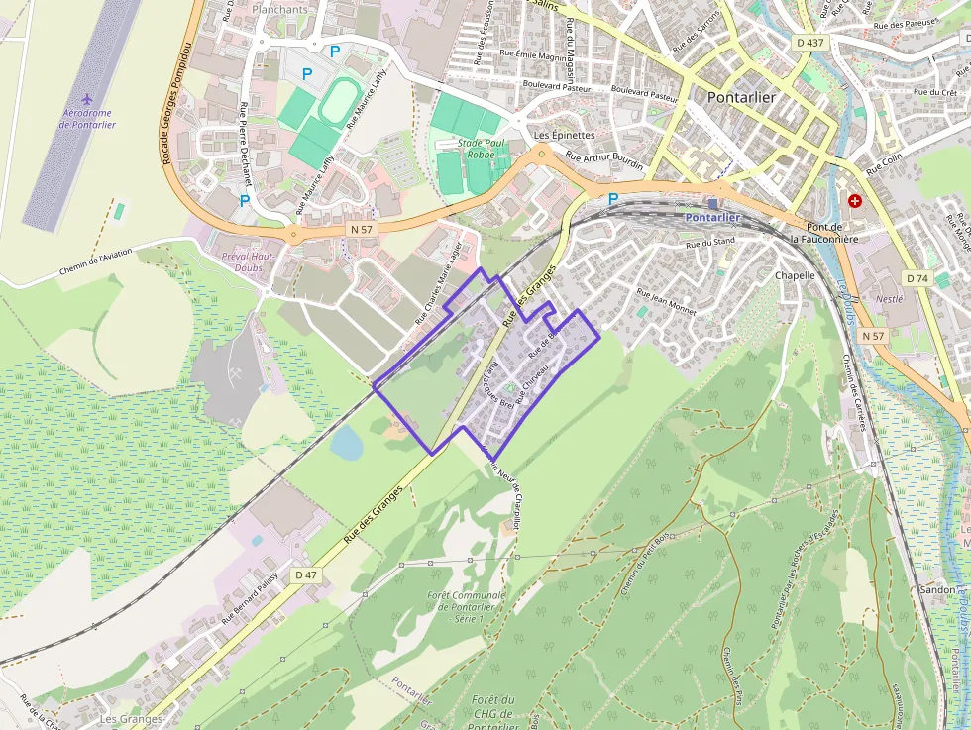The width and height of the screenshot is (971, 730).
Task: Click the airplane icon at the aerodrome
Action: [88, 99]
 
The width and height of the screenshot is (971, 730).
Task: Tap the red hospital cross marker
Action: [854, 200]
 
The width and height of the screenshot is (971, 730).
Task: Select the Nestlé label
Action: [889, 298]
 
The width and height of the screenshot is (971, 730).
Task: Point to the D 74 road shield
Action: [917, 278]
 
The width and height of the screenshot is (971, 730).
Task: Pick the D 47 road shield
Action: [306, 574]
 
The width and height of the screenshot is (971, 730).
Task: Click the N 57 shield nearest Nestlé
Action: [872, 336]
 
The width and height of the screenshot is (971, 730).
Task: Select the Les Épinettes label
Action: [564, 135]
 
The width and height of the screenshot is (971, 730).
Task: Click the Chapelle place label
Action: [795, 275]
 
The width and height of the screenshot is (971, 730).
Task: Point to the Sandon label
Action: [936, 588]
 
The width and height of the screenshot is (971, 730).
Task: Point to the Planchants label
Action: [280, 9]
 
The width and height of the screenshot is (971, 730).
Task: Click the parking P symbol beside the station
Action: [612, 199]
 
